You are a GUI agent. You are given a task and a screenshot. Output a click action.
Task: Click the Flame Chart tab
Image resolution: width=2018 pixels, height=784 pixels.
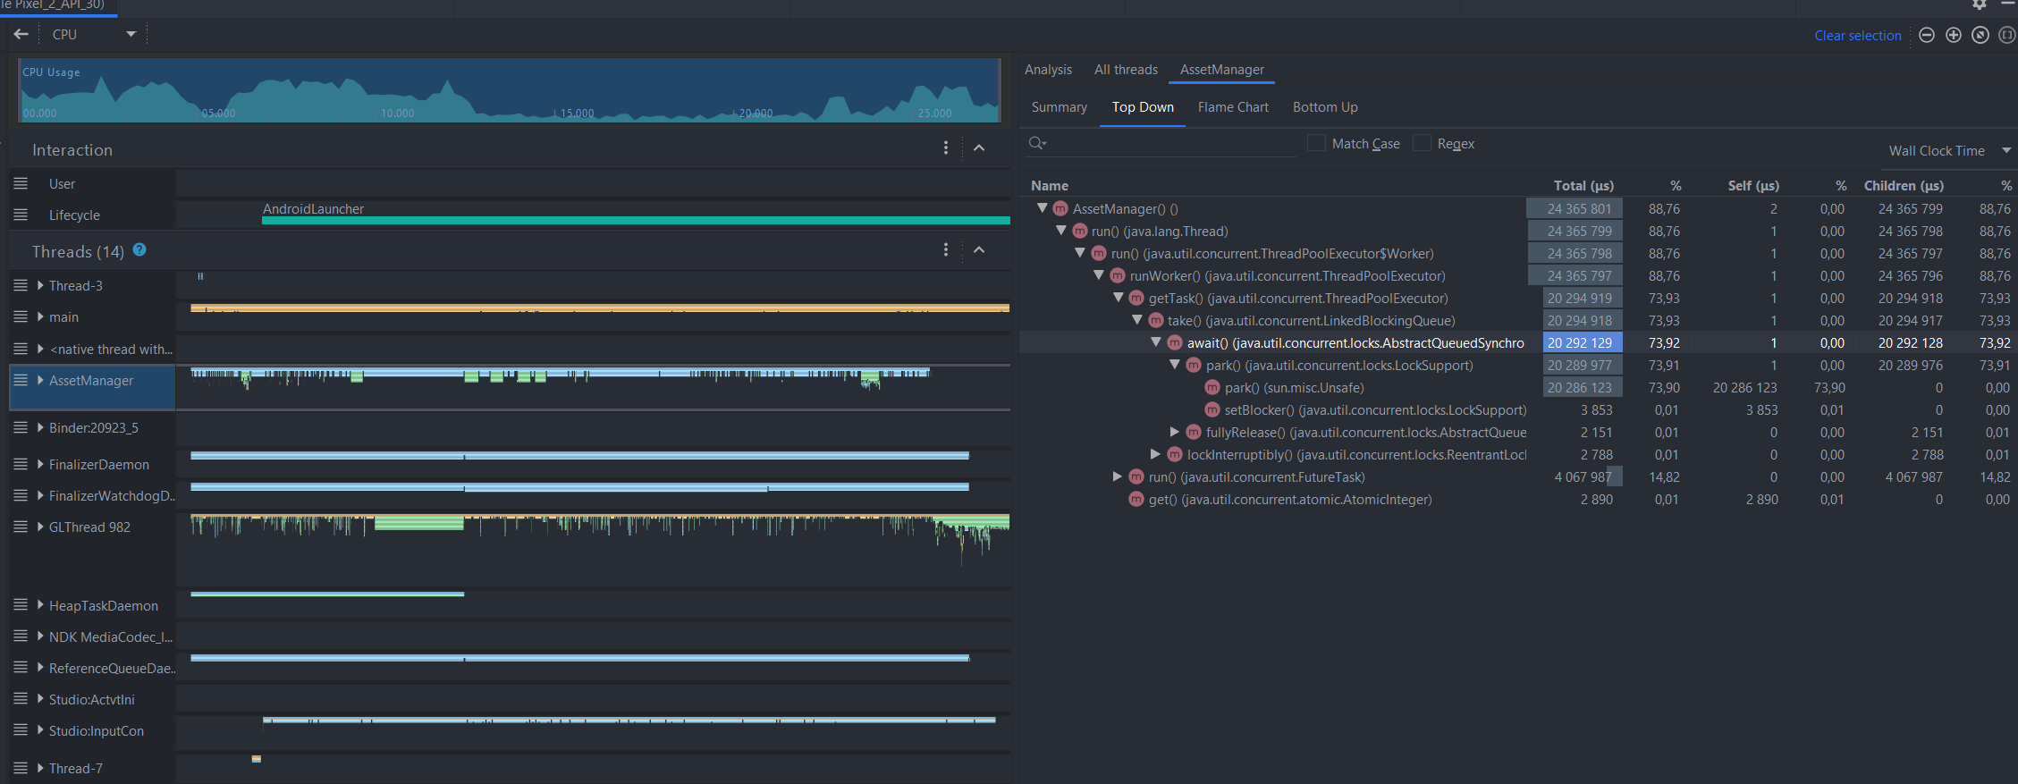click(x=1233, y=107)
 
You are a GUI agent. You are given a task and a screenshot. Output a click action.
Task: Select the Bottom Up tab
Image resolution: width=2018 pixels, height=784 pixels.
click(x=1324, y=107)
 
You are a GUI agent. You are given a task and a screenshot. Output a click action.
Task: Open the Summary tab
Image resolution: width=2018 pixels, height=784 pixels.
click(x=1059, y=107)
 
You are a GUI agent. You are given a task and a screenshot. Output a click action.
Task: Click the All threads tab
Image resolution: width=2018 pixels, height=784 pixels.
click(x=1126, y=70)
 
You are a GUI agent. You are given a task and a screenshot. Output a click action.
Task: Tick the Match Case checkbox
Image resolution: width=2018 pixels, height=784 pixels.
click(x=1316, y=143)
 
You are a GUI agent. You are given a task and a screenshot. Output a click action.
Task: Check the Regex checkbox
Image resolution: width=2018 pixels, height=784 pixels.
click(x=1422, y=143)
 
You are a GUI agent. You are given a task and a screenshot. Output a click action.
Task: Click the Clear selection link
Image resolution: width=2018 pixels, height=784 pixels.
click(x=1857, y=36)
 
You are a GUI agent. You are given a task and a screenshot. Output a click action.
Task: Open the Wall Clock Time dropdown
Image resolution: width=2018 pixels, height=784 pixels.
click(x=1948, y=151)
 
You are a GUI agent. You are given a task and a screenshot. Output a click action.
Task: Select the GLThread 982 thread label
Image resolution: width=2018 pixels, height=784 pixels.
click(x=89, y=527)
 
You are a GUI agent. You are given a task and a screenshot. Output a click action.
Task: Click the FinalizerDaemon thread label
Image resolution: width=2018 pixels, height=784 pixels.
click(x=98, y=465)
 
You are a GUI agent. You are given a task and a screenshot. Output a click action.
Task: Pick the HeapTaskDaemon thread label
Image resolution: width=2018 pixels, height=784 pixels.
click(x=103, y=606)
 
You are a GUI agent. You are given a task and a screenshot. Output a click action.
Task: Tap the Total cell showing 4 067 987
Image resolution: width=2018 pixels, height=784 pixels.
click(x=1583, y=477)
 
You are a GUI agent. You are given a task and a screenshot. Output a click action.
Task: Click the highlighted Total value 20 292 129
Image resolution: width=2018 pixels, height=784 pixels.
click(x=1580, y=343)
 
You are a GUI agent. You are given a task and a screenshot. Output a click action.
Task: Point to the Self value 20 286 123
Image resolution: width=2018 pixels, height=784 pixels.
click(x=1744, y=388)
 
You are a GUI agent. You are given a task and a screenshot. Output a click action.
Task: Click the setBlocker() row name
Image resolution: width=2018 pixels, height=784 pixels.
click(x=1374, y=410)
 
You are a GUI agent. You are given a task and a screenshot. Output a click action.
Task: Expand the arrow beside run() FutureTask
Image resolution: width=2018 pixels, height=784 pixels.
click(x=1118, y=476)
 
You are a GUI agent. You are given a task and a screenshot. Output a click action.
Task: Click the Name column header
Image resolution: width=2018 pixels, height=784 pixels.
click(x=1050, y=186)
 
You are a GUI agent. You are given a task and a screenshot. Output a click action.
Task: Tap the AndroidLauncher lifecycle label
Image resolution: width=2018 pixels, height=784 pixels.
click(x=313, y=209)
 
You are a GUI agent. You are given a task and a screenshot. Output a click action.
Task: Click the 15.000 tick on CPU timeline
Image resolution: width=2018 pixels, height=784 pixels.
click(x=577, y=114)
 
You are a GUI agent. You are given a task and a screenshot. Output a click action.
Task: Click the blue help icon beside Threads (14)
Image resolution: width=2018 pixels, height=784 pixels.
click(x=139, y=250)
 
